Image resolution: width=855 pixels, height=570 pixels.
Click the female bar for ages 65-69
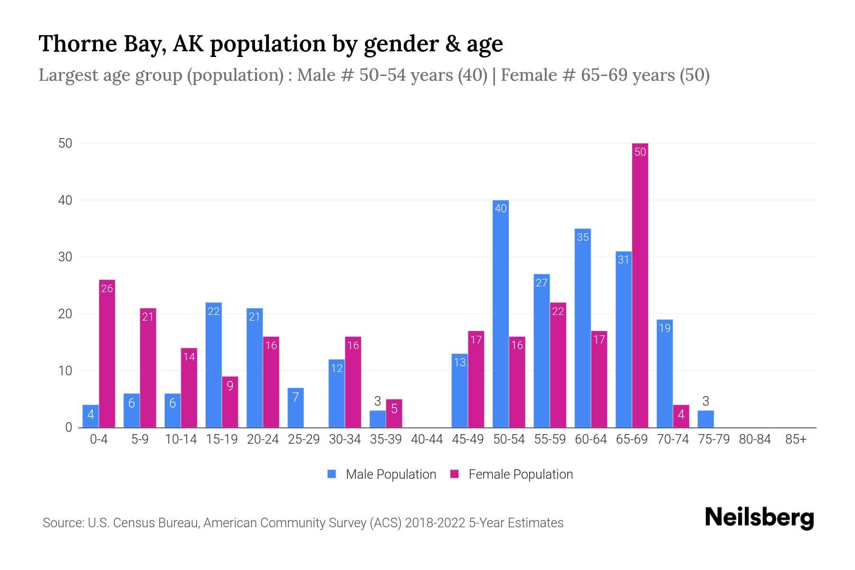tap(640, 285)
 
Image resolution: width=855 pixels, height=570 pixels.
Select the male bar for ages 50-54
tap(501, 313)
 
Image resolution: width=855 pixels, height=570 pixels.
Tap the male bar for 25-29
tap(295, 408)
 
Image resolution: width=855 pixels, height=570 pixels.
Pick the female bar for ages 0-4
tap(107, 354)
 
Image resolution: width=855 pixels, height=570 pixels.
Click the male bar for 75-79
tap(705, 419)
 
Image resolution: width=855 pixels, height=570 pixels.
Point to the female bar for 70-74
tap(681, 416)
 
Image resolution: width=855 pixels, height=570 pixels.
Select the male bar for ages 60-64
tap(583, 328)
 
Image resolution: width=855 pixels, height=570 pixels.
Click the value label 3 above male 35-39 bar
tap(378, 401)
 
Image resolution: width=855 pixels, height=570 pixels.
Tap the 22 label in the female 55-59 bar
tap(558, 312)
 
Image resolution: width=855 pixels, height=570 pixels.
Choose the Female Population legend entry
tap(512, 474)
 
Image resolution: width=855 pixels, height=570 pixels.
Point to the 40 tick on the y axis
tap(65, 200)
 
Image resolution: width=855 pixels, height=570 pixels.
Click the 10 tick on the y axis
tap(65, 370)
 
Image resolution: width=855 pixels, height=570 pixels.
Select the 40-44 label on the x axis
tap(427, 439)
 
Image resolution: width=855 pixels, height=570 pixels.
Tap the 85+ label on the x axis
tap(796, 439)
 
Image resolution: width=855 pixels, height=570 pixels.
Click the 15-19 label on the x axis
tap(222, 439)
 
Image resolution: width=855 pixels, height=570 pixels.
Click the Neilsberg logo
tap(759, 517)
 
